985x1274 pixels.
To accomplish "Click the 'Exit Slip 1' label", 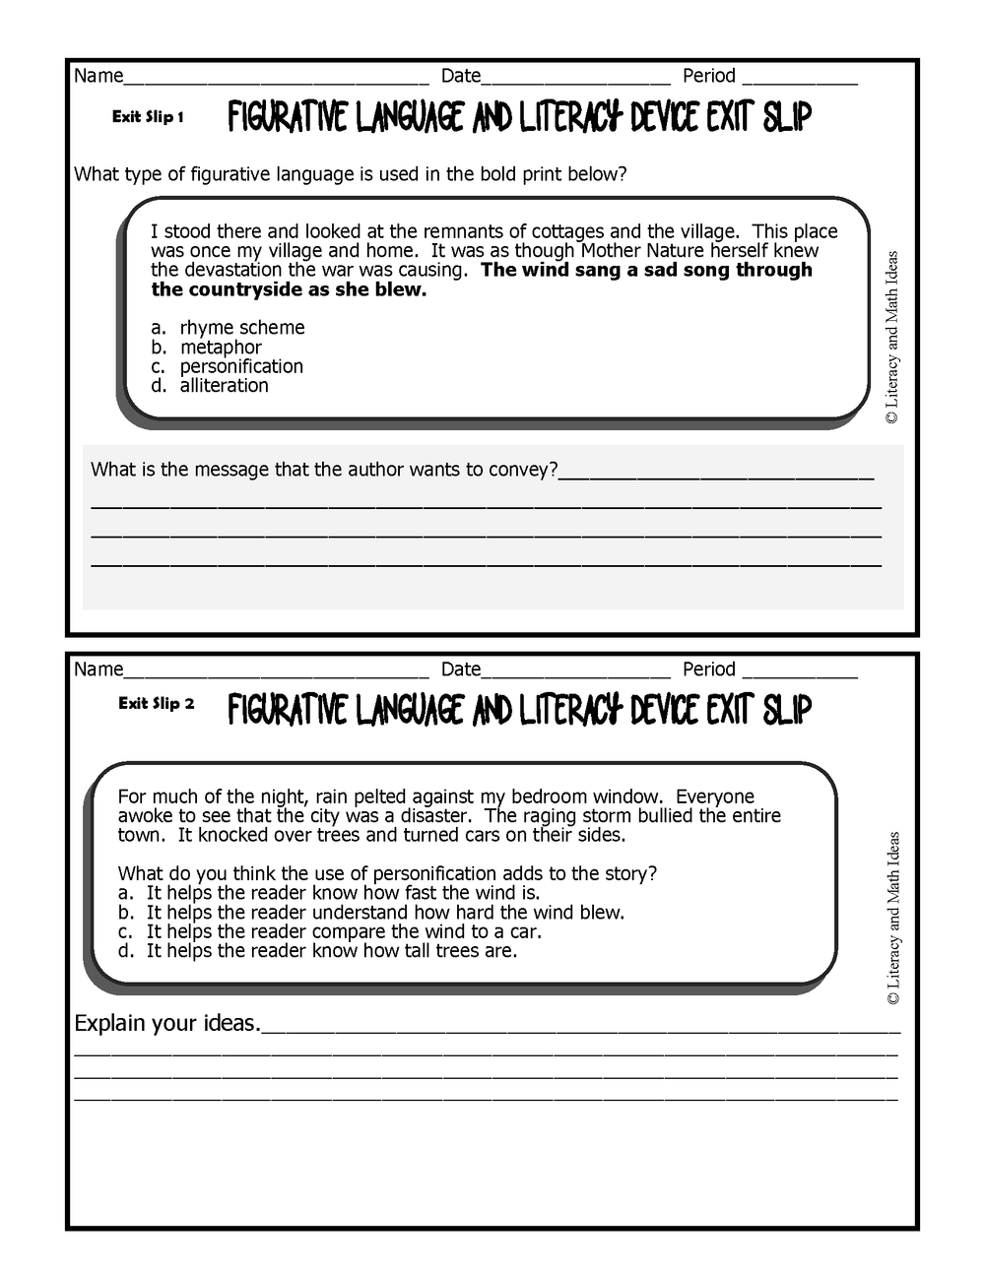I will (x=148, y=117).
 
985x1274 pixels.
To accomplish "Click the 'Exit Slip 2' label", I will (x=156, y=704).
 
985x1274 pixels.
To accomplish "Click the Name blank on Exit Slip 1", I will (x=276, y=78).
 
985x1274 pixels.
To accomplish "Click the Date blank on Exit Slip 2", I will (x=575, y=671).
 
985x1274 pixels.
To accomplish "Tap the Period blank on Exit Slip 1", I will (x=799, y=78).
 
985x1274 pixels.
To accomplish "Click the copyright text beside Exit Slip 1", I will (x=892, y=338).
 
